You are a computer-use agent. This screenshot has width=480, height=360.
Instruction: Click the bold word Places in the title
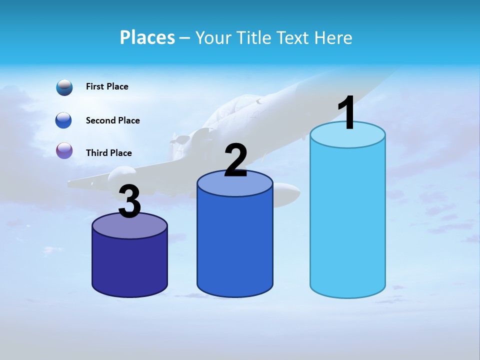pos(147,37)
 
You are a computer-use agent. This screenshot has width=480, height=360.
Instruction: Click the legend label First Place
pos(107,86)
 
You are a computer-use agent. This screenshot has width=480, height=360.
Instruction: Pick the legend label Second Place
pos(112,120)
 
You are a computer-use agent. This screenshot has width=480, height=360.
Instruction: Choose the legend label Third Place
pos(108,153)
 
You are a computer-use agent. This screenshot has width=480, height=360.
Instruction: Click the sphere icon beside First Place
pos(64,87)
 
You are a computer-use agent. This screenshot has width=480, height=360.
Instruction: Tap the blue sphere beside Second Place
pos(64,120)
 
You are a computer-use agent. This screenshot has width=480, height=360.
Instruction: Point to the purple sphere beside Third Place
pos(64,150)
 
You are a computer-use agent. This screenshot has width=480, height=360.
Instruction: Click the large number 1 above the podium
pos(347,112)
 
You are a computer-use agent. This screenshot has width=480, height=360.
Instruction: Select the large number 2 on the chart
pos(235,160)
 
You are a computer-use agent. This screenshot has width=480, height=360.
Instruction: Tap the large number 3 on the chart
pos(130,201)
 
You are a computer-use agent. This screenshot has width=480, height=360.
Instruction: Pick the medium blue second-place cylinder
pos(235,245)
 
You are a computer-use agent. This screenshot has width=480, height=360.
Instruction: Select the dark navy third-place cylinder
pos(130,265)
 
